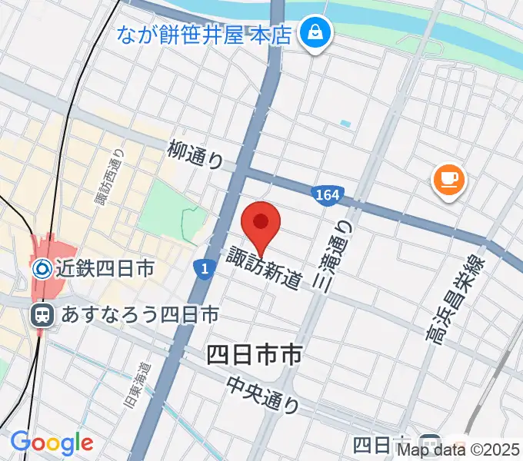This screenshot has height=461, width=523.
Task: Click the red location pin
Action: pyautogui.click(x=261, y=225)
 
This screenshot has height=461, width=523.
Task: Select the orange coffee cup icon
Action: pyautogui.click(x=449, y=181)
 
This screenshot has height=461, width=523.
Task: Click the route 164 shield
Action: pyautogui.click(x=326, y=196)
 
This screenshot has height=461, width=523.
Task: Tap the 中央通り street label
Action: pyautogui.click(x=263, y=393)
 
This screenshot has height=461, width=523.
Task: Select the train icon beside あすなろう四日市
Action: pyautogui.click(x=42, y=314)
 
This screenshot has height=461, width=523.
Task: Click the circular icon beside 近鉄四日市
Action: pyautogui.click(x=42, y=268)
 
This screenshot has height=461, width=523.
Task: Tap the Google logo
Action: pyautogui.click(x=52, y=443)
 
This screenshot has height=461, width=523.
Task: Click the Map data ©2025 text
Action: pyautogui.click(x=459, y=448)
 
